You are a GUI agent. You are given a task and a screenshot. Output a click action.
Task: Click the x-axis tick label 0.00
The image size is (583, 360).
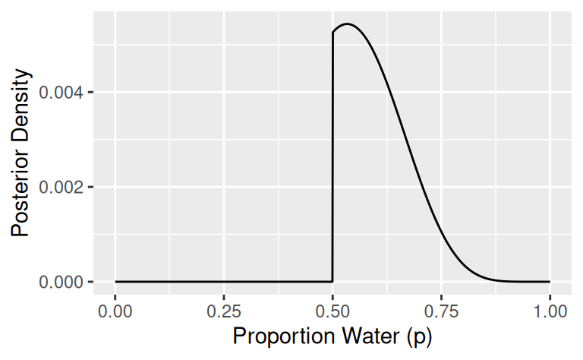click(x=115, y=311)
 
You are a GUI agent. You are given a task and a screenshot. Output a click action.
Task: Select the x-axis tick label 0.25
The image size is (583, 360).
click(x=224, y=311)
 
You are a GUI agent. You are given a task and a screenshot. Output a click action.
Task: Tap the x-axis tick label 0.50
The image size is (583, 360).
click(x=332, y=311)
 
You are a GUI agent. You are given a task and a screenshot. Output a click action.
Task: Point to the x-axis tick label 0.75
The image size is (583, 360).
click(x=441, y=311)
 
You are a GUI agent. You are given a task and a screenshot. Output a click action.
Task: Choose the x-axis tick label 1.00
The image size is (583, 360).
click(x=549, y=311)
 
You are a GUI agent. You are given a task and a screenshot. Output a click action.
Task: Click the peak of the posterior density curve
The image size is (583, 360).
click(x=347, y=24)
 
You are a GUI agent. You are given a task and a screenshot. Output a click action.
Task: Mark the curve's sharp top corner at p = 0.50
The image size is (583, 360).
click(x=333, y=33)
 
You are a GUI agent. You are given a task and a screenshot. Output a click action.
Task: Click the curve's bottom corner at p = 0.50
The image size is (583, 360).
click(x=332, y=282)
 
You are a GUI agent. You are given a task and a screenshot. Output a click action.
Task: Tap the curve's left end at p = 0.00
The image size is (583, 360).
click(x=115, y=282)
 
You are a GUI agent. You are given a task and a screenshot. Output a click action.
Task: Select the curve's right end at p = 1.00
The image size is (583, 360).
click(x=549, y=282)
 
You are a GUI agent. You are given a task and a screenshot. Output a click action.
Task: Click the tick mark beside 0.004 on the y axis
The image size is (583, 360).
click(x=90, y=93)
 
